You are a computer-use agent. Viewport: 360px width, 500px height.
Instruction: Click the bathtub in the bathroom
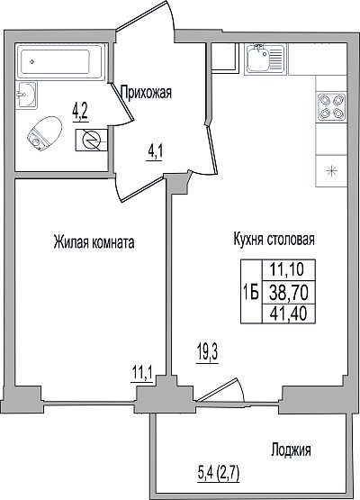point(61,61)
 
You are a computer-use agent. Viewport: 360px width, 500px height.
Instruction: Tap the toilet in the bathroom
point(45,133)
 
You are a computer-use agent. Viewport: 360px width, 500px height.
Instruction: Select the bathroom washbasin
point(26,95)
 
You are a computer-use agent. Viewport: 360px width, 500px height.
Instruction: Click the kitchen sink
point(265,59)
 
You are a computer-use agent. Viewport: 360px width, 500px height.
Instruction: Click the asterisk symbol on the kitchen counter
point(331,171)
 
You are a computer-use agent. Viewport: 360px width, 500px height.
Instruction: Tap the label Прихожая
point(147,93)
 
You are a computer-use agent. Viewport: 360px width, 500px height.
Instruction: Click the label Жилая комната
point(94,242)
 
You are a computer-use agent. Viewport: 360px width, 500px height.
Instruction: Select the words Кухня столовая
point(274,239)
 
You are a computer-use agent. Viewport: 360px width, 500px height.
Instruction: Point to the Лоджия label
point(292,450)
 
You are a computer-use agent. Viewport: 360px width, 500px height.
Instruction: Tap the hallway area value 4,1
point(155,152)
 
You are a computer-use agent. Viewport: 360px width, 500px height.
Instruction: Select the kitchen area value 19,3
point(207,353)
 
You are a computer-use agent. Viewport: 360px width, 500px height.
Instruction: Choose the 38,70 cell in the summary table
point(289,293)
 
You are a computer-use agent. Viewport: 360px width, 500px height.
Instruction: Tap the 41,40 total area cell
point(289,314)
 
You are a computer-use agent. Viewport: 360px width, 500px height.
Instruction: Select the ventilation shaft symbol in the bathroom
point(92,140)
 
